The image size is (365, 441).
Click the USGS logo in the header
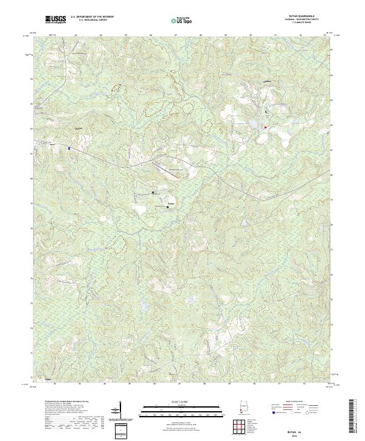[55, 20]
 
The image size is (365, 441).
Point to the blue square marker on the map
[69, 148]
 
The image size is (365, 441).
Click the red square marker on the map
[265, 127]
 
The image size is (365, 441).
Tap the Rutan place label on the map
[171, 203]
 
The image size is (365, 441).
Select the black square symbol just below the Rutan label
[168, 207]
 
